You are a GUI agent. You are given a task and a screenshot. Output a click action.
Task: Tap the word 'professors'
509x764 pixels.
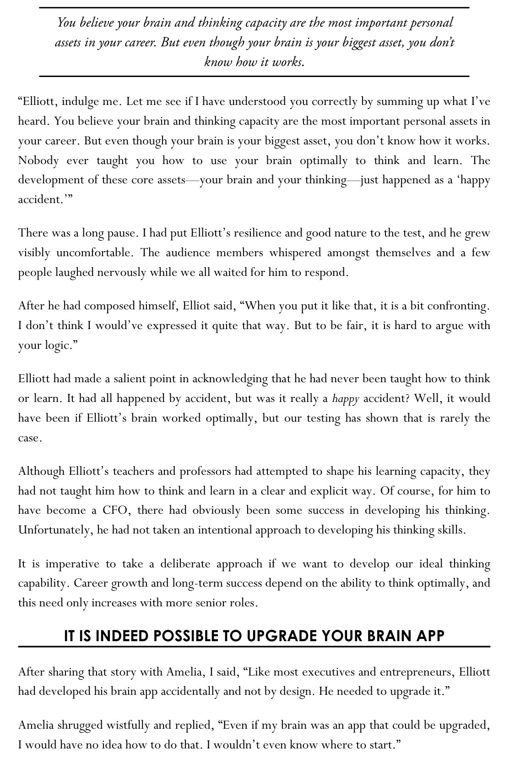[206, 471]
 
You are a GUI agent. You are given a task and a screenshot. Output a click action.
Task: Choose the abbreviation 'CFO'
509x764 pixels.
[114, 511]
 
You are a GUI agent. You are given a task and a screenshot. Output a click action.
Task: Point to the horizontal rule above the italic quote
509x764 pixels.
[254, 8]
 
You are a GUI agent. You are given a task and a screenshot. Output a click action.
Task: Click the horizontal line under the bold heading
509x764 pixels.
[254, 647]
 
